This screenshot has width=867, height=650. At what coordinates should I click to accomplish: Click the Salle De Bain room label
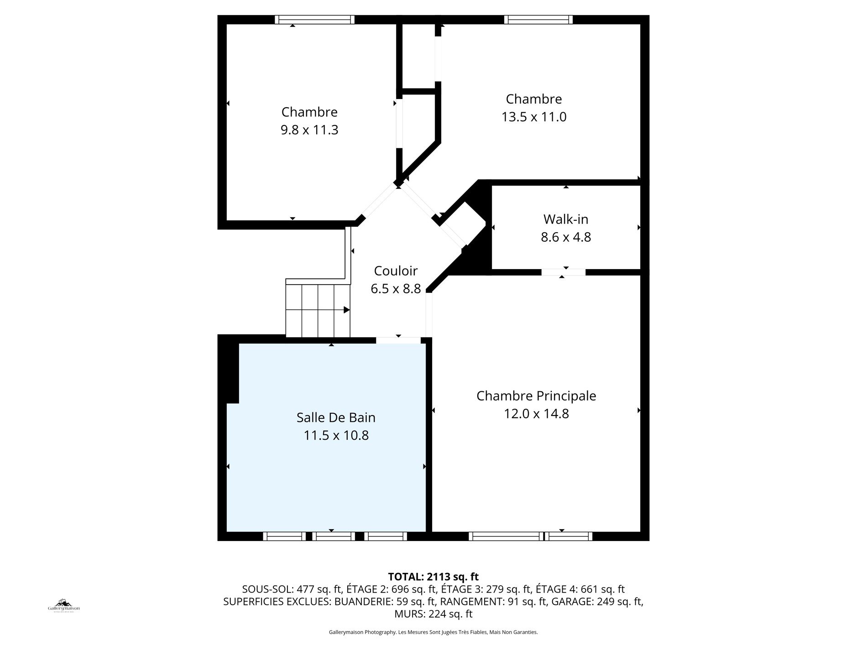[x=336, y=417]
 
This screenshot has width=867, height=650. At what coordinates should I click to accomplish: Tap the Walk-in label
[x=565, y=219]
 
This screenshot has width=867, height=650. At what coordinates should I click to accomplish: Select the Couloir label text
[x=396, y=271]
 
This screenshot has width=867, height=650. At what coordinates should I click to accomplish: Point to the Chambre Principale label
[x=536, y=396]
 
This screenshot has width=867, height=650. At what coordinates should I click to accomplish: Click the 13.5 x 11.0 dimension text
[x=534, y=117]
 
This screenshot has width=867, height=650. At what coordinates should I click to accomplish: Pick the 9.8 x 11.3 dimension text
[x=309, y=130]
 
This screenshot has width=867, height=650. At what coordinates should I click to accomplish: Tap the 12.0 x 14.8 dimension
[x=536, y=414]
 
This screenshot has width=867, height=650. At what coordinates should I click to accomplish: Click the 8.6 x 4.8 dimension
[x=566, y=237]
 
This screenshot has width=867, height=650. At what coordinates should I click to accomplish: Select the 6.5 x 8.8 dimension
[x=396, y=289]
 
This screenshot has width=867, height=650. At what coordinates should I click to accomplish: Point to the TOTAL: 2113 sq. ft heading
[x=433, y=577]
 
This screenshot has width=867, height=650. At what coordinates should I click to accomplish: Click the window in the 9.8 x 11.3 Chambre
[x=315, y=20]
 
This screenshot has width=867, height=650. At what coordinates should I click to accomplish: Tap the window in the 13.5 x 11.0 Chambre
[x=538, y=20]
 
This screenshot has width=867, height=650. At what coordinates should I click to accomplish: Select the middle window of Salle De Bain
[x=334, y=536]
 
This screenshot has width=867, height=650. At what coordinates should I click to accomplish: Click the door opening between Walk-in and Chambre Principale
[x=564, y=272]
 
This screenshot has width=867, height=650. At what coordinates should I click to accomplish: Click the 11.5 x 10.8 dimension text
[x=336, y=436]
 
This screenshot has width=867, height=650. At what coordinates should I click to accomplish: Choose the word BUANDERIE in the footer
[x=363, y=602]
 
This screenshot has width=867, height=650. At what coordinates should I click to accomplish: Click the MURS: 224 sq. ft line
[x=433, y=614]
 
